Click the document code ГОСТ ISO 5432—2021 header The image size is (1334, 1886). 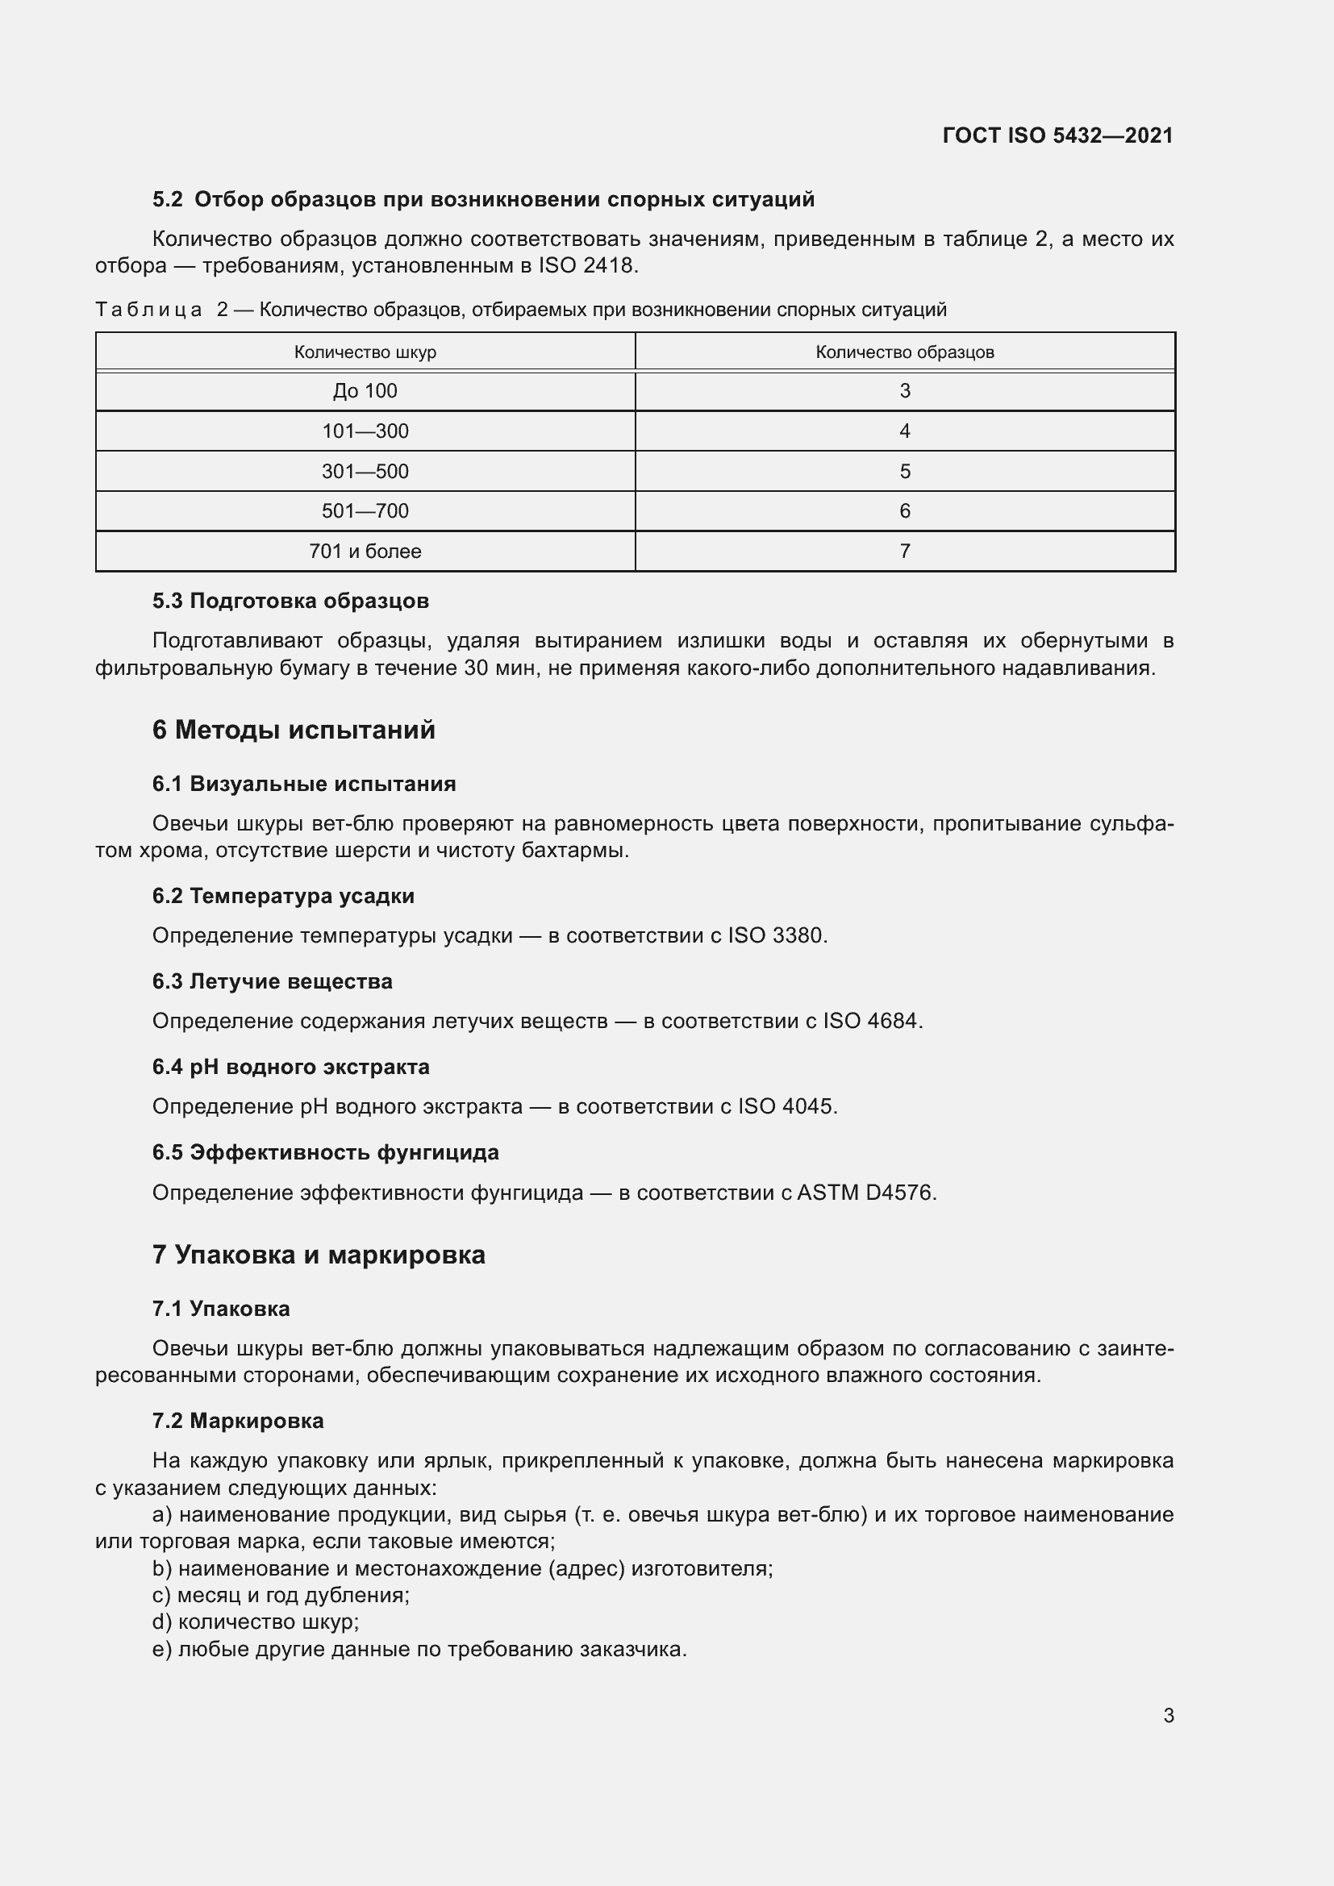pos(1057,135)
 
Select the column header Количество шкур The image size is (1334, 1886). pos(365,352)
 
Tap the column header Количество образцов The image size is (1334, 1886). pos(904,352)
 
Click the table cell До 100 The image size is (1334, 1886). pos(365,391)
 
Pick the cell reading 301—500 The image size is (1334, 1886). pos(365,472)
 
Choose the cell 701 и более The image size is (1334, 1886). pos(365,552)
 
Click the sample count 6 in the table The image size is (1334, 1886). pos(904,511)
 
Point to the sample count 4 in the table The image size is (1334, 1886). pos(904,431)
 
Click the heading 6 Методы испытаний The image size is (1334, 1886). pos(294,731)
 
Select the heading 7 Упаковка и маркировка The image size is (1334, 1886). pos(319,1255)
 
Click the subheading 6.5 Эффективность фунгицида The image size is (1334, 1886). pos(325,1152)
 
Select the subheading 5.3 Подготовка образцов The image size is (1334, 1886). pos(290,602)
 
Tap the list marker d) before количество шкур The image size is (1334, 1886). pos(162,1622)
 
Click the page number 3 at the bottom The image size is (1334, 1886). pos(1168,1716)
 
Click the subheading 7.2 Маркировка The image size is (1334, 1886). pos(237,1421)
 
